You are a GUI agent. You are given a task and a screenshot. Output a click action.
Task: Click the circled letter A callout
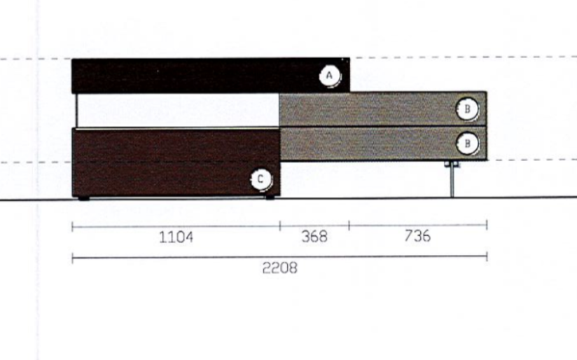(x=329, y=76)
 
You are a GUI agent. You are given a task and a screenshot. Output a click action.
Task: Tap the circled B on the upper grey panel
(x=467, y=109)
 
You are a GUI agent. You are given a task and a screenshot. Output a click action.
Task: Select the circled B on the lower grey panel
(x=467, y=143)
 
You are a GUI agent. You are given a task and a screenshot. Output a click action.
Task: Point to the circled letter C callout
(x=260, y=179)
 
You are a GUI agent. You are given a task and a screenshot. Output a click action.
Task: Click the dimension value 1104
(x=176, y=237)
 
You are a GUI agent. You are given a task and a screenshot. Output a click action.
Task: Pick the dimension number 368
(x=314, y=236)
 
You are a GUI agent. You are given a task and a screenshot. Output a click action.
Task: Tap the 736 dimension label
(x=417, y=235)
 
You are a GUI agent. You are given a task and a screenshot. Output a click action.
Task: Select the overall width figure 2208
(x=279, y=268)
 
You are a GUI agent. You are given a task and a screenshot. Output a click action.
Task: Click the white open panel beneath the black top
(x=178, y=111)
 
